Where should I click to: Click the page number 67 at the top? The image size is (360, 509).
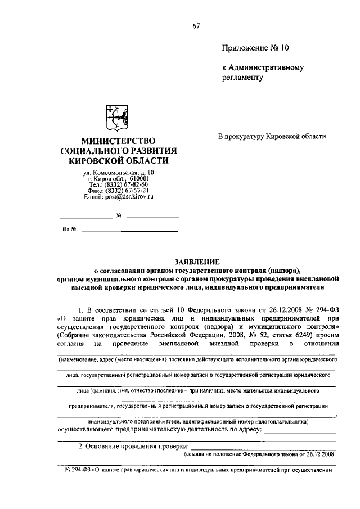196,25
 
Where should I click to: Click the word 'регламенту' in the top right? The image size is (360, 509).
242,78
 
